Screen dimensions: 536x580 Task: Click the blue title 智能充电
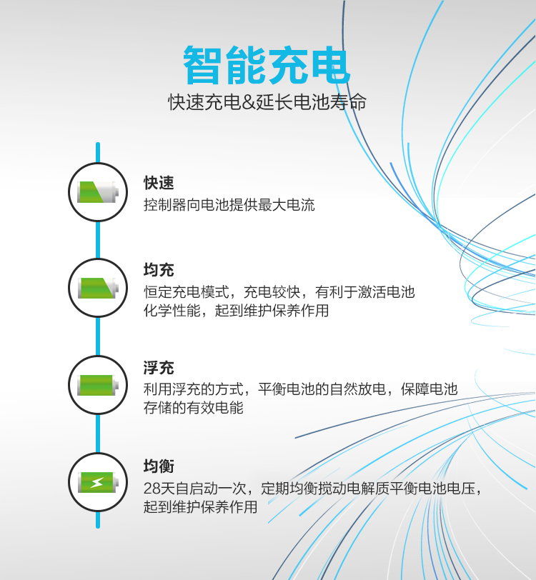pyautogui.click(x=267, y=65)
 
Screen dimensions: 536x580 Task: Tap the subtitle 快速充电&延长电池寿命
pyautogui.click(x=267, y=102)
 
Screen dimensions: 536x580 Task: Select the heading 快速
pyautogui.click(x=159, y=183)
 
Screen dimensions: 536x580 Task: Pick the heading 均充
pyautogui.click(x=159, y=270)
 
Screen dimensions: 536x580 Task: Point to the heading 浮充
pyautogui.click(x=159, y=368)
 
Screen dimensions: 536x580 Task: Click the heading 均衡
pyautogui.click(x=159, y=466)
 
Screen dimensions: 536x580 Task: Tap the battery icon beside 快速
pyautogui.click(x=98, y=192)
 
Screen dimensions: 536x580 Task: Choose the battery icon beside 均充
pyautogui.click(x=98, y=288)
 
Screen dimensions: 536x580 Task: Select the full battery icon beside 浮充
pyautogui.click(x=98, y=385)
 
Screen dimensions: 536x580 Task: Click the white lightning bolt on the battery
pyautogui.click(x=97, y=482)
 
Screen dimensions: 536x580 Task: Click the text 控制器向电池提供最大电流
pyautogui.click(x=229, y=204)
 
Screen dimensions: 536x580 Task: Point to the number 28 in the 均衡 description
pyautogui.click(x=152, y=489)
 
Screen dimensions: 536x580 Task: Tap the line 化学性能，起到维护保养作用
pyautogui.click(x=236, y=310)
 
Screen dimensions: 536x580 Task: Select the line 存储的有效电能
pyautogui.click(x=193, y=408)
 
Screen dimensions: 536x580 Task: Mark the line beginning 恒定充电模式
pyautogui.click(x=279, y=292)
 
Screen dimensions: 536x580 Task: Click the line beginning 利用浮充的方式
pyautogui.click(x=301, y=389)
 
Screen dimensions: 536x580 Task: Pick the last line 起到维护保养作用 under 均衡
pyautogui.click(x=200, y=506)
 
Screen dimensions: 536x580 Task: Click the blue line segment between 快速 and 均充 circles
pyautogui.click(x=98, y=240)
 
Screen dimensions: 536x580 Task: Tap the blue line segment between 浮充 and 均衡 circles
pyautogui.click(x=98, y=434)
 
